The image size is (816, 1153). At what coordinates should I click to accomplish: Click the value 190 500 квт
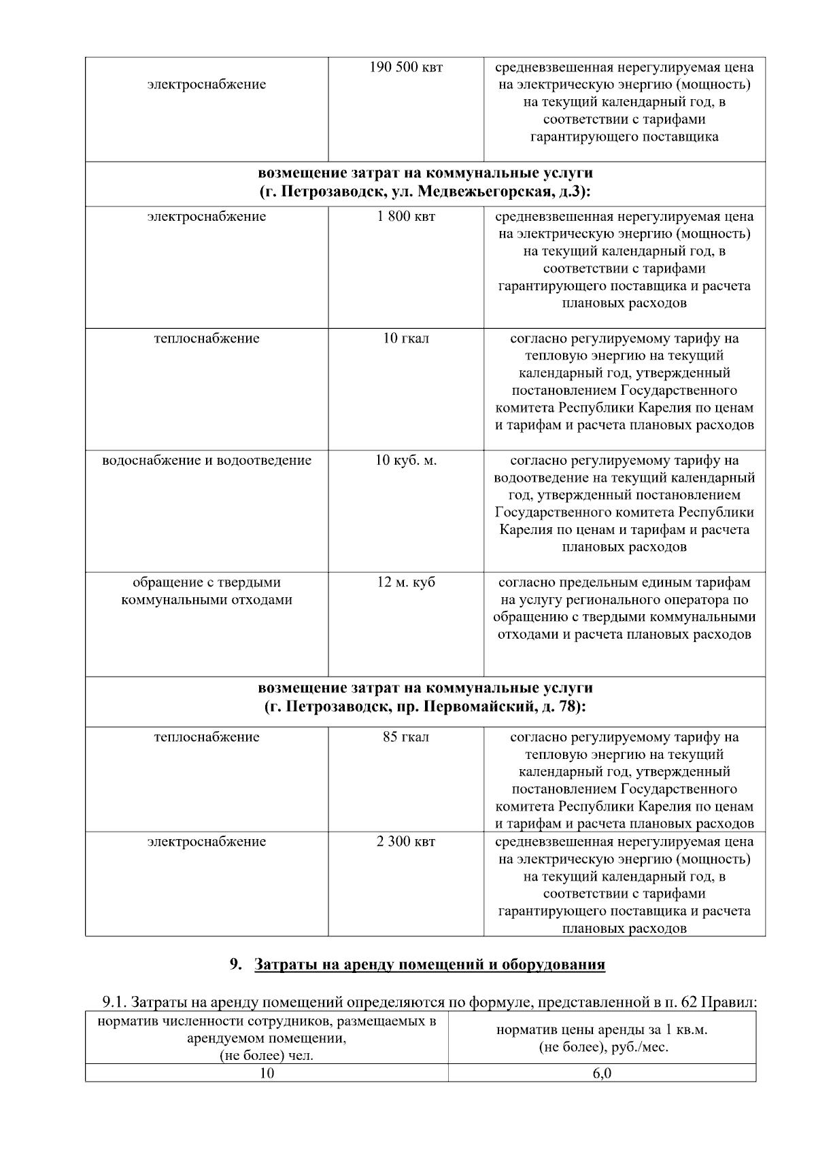tap(406, 68)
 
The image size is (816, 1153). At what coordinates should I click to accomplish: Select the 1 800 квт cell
tap(406, 217)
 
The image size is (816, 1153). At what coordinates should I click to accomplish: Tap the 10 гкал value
tap(406, 338)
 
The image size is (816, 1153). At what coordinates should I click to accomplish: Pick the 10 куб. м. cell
tap(406, 460)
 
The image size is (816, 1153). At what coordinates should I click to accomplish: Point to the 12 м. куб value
tap(406, 582)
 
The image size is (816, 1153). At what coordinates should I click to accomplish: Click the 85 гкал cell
tap(406, 737)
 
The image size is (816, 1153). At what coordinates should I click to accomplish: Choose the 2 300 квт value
tap(406, 842)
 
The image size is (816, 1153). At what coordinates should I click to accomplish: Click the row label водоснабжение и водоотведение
tap(207, 460)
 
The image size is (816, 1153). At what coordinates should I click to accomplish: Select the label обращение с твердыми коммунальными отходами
tap(207, 591)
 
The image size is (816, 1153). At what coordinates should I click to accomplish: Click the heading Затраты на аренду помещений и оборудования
tap(429, 965)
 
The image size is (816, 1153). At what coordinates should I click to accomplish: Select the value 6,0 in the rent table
tap(602, 1074)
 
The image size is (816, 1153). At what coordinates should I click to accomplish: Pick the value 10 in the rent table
tap(267, 1074)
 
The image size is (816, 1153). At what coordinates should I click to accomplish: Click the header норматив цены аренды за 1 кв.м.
tap(602, 1030)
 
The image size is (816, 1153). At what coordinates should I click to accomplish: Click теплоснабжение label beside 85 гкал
tap(207, 737)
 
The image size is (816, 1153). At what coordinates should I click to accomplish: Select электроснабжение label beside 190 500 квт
tap(207, 85)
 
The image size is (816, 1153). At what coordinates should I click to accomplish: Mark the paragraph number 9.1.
tap(114, 1001)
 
